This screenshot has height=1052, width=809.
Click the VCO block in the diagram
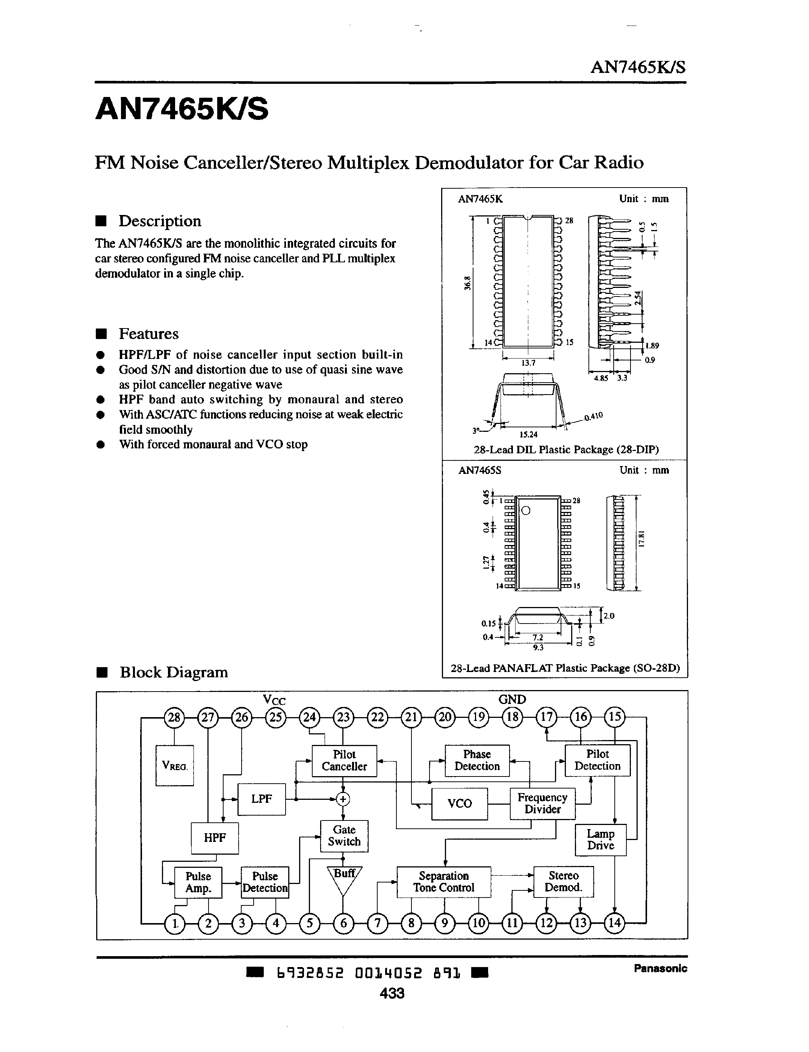[460, 804]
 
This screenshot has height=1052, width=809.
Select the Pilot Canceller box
[344, 761]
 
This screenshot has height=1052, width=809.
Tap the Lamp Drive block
[600, 840]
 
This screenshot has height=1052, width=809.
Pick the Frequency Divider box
[542, 804]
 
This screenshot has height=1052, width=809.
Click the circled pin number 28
[174, 717]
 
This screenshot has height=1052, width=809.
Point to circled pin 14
[614, 923]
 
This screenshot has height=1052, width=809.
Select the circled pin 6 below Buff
[343, 923]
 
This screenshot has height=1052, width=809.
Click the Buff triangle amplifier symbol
[344, 879]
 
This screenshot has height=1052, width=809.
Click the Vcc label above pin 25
[274, 700]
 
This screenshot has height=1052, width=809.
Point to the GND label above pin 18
[512, 699]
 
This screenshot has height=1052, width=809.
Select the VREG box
[174, 765]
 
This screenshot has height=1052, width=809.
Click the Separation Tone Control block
[443, 882]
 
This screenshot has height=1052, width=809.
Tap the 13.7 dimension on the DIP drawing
[528, 363]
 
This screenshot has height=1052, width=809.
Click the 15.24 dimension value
[528, 434]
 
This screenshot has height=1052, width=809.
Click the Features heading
[148, 334]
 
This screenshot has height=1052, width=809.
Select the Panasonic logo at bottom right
[660, 968]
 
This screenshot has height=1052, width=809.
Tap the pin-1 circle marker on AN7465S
[526, 510]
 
